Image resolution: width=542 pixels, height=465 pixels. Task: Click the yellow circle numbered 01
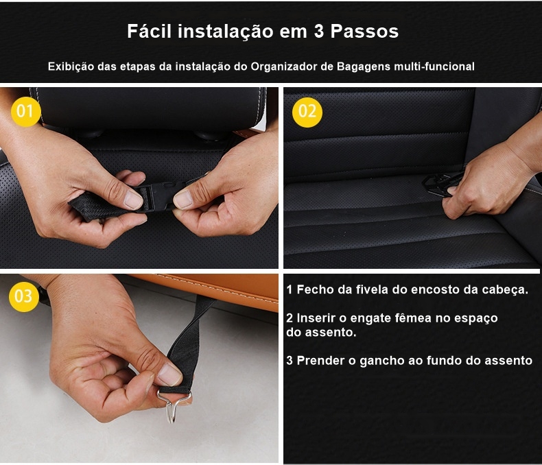coord(26,111)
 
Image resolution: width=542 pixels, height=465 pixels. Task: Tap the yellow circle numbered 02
coord(307,112)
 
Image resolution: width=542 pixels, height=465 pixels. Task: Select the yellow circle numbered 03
coord(24,296)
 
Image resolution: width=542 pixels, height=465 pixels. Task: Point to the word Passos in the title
coord(365,31)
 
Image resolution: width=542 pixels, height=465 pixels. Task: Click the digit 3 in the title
coord(319,32)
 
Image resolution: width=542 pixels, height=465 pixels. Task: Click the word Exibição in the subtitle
coord(71,67)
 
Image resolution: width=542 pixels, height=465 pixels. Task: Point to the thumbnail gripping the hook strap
coord(169,374)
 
